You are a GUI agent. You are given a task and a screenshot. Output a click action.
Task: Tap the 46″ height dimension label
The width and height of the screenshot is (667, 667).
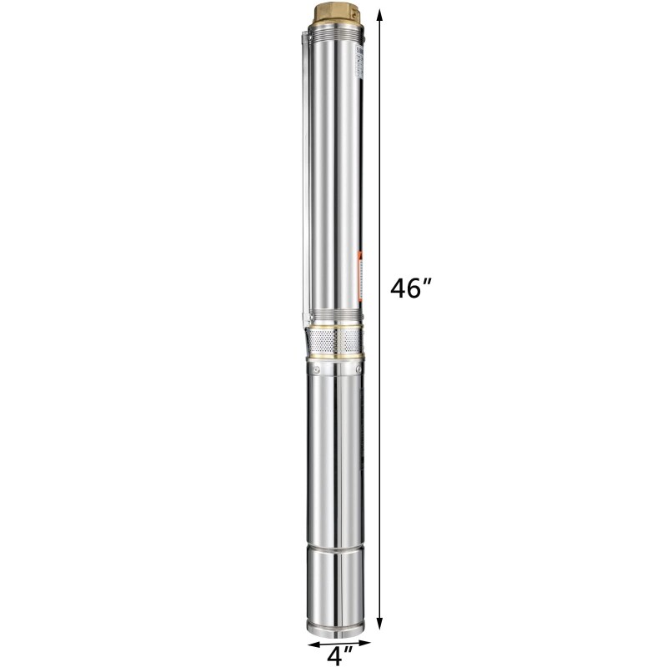410,288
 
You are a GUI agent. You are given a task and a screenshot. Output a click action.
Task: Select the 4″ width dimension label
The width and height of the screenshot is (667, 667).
336,655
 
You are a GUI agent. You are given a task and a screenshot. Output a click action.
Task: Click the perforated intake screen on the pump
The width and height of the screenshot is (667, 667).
334,340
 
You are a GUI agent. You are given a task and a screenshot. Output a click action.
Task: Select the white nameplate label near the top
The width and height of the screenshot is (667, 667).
359,63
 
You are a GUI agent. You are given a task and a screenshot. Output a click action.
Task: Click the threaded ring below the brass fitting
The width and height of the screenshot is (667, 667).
335,33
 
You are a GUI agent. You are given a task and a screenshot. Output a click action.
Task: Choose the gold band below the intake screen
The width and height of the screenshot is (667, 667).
335,358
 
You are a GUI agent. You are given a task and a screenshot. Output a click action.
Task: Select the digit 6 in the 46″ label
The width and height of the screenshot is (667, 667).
418,288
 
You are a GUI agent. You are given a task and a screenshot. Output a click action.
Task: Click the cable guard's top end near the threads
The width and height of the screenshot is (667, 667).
303,37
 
